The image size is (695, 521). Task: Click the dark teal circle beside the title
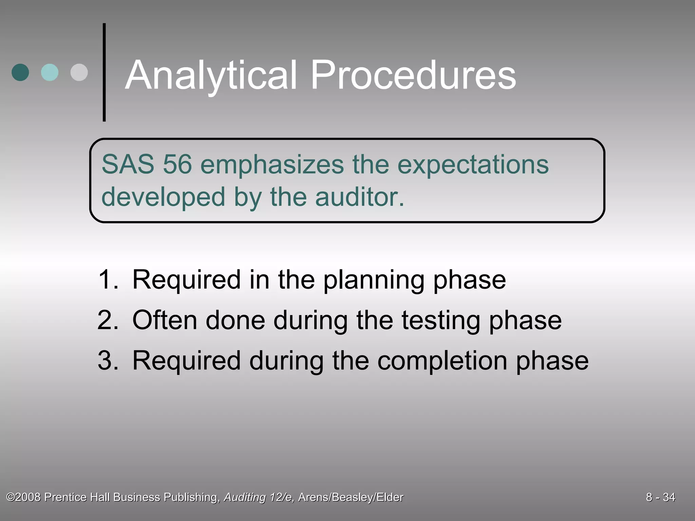[20, 72]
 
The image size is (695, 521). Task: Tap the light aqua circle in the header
[50, 72]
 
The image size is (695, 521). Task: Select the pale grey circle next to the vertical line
[79, 72]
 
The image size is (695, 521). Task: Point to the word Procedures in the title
[413, 75]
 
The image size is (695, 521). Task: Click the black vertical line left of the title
[104, 72]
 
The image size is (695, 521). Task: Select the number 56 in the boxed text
[177, 165]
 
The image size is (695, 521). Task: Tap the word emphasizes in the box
[272, 165]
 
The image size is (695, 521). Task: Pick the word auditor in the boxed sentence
[360, 197]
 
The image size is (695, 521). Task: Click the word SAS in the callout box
[128, 165]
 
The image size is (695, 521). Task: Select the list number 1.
[108, 279]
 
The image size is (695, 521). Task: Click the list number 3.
[108, 360]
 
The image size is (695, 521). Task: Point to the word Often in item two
[165, 320]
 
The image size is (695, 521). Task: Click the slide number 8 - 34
[660, 497]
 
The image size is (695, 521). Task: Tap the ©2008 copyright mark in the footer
[24, 497]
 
